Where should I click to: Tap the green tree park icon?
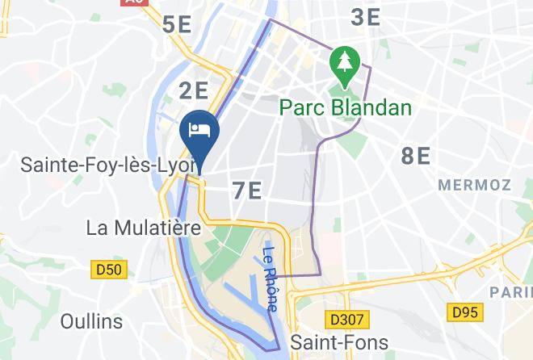click(345, 63)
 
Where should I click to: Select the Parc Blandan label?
click(345, 107)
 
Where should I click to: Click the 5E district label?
click(177, 24)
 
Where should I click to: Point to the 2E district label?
click(194, 89)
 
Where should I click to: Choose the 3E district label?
click(365, 17)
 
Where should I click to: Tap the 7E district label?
click(246, 191)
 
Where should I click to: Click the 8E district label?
click(416, 156)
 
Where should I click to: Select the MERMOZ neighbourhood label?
click(474, 185)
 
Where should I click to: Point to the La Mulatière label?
click(143, 228)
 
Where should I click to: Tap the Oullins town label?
click(91, 321)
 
